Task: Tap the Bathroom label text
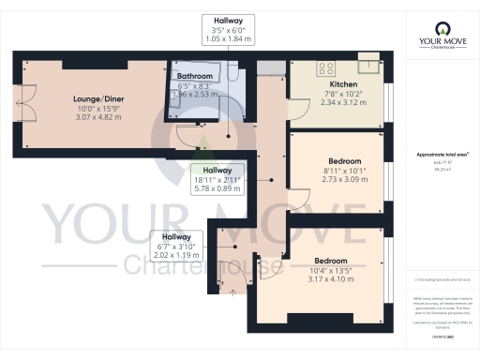pyautogui.click(x=197, y=76)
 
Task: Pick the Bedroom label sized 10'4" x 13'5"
pyautogui.click(x=331, y=260)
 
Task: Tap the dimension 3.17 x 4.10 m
pyautogui.click(x=331, y=280)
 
